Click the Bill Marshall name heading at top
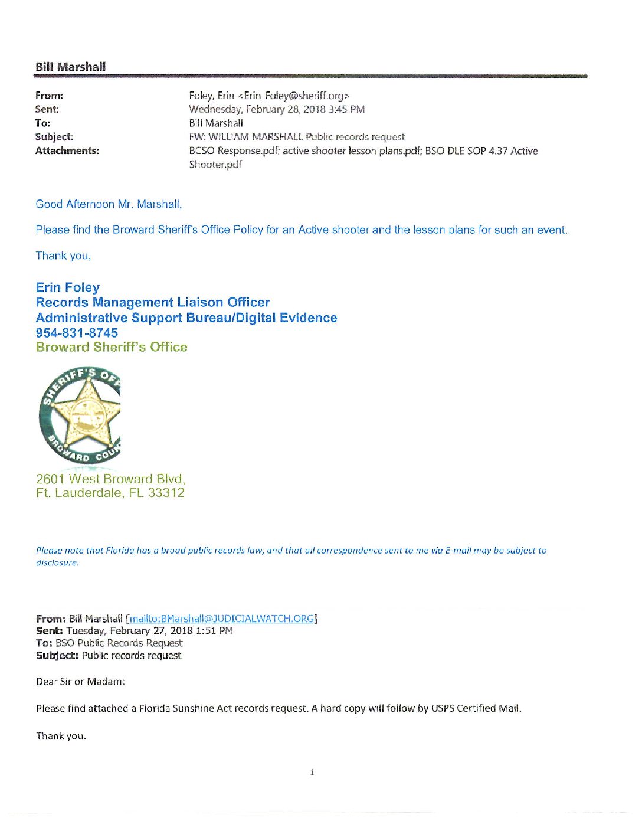[x=70, y=67]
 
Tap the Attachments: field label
[x=67, y=151]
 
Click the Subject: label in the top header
[x=54, y=137]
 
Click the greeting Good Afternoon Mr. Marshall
[x=109, y=204]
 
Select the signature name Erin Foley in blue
[x=67, y=287]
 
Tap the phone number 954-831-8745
[x=77, y=333]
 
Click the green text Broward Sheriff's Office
[x=112, y=347]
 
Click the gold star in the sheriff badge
[x=87, y=414]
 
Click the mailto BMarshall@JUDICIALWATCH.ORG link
[x=222, y=619]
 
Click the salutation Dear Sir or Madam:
[x=80, y=682]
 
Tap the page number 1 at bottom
[x=312, y=772]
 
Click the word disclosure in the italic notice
[x=57, y=562]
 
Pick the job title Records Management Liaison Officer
[x=152, y=302]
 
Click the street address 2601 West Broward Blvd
[x=110, y=479]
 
